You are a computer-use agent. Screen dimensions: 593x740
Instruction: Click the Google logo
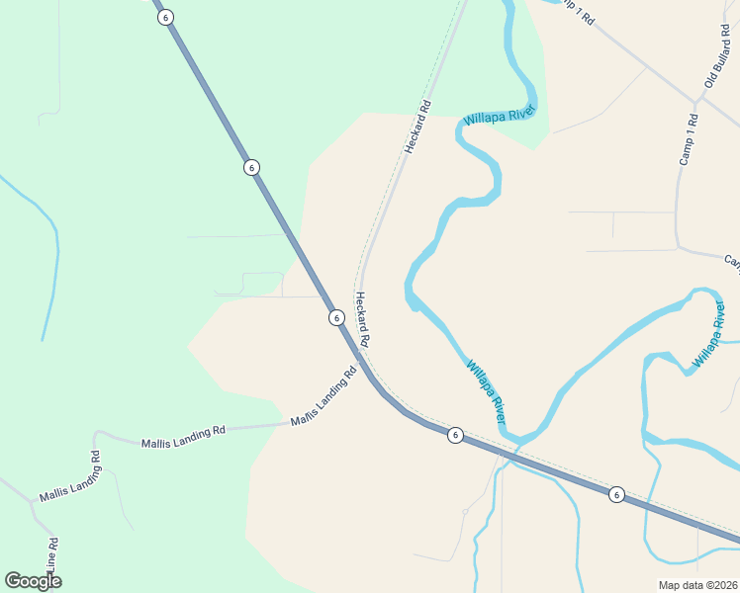click(x=34, y=581)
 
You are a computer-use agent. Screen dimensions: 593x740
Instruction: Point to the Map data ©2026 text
click(x=697, y=585)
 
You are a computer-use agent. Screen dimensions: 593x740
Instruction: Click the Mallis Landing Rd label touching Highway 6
click(x=324, y=397)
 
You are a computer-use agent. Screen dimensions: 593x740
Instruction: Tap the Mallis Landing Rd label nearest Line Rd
click(x=70, y=477)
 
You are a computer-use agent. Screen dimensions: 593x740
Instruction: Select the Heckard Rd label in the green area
click(x=418, y=127)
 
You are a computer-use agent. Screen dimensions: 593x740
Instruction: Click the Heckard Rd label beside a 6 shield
click(x=362, y=318)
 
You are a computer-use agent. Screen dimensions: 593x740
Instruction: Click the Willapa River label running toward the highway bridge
click(x=486, y=386)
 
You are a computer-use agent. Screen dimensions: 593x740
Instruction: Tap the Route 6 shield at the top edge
click(x=164, y=17)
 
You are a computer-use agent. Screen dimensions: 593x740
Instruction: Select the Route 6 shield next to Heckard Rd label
click(x=336, y=317)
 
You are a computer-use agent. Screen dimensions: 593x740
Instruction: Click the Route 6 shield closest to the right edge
click(x=616, y=494)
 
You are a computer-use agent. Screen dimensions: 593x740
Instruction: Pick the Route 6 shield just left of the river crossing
click(x=454, y=435)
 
